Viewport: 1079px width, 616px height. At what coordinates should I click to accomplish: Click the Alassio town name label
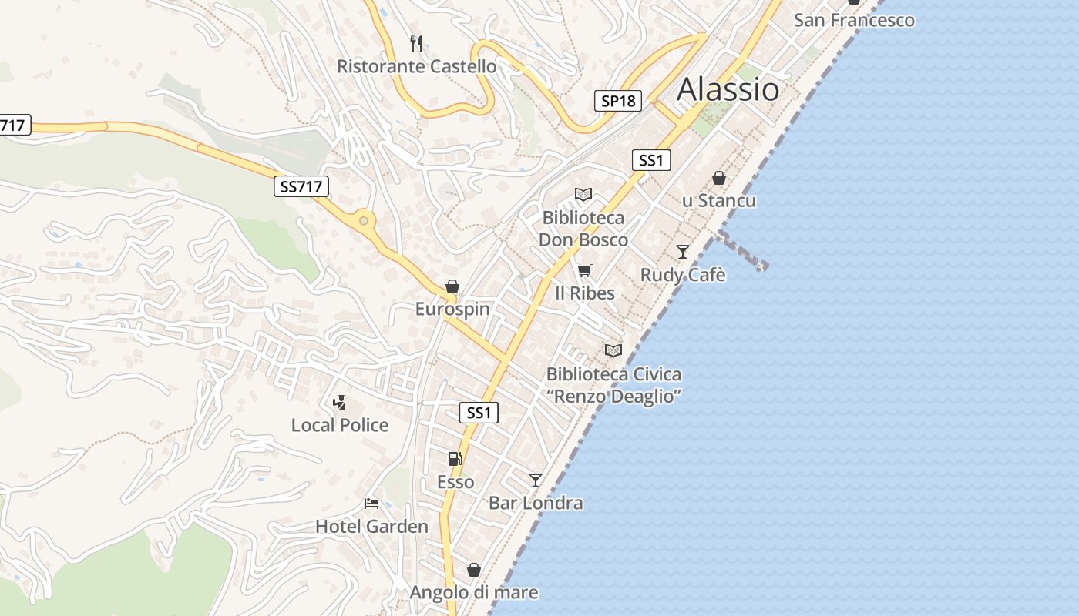[728, 90]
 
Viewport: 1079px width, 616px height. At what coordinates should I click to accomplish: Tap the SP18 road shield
[618, 101]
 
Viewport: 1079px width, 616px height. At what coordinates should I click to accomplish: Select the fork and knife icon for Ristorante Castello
[416, 43]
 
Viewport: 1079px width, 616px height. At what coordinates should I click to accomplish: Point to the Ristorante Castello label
[416, 67]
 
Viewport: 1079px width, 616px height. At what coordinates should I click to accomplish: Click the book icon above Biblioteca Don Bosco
[583, 195]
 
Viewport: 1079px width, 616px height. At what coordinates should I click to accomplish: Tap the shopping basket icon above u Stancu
[719, 178]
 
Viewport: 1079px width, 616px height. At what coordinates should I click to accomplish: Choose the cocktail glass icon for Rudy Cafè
[683, 251]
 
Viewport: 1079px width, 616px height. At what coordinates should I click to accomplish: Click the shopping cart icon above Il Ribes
[585, 270]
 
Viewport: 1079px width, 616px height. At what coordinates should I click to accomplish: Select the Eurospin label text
[452, 310]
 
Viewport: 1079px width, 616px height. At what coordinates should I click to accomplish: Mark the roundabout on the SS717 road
[363, 221]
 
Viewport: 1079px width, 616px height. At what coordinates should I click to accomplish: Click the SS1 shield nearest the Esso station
[479, 413]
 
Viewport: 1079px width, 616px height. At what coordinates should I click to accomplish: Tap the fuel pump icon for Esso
[455, 459]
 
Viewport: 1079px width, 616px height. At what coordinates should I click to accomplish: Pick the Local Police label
[340, 425]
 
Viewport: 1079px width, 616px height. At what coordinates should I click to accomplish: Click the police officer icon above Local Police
[339, 402]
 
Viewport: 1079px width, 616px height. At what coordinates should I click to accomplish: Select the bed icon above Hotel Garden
[371, 504]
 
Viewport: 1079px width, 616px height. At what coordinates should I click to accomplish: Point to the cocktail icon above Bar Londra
[536, 480]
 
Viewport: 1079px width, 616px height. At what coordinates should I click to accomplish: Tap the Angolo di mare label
[474, 593]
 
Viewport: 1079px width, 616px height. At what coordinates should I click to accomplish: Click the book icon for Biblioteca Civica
[613, 350]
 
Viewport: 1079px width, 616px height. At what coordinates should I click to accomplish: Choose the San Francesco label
[854, 20]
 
